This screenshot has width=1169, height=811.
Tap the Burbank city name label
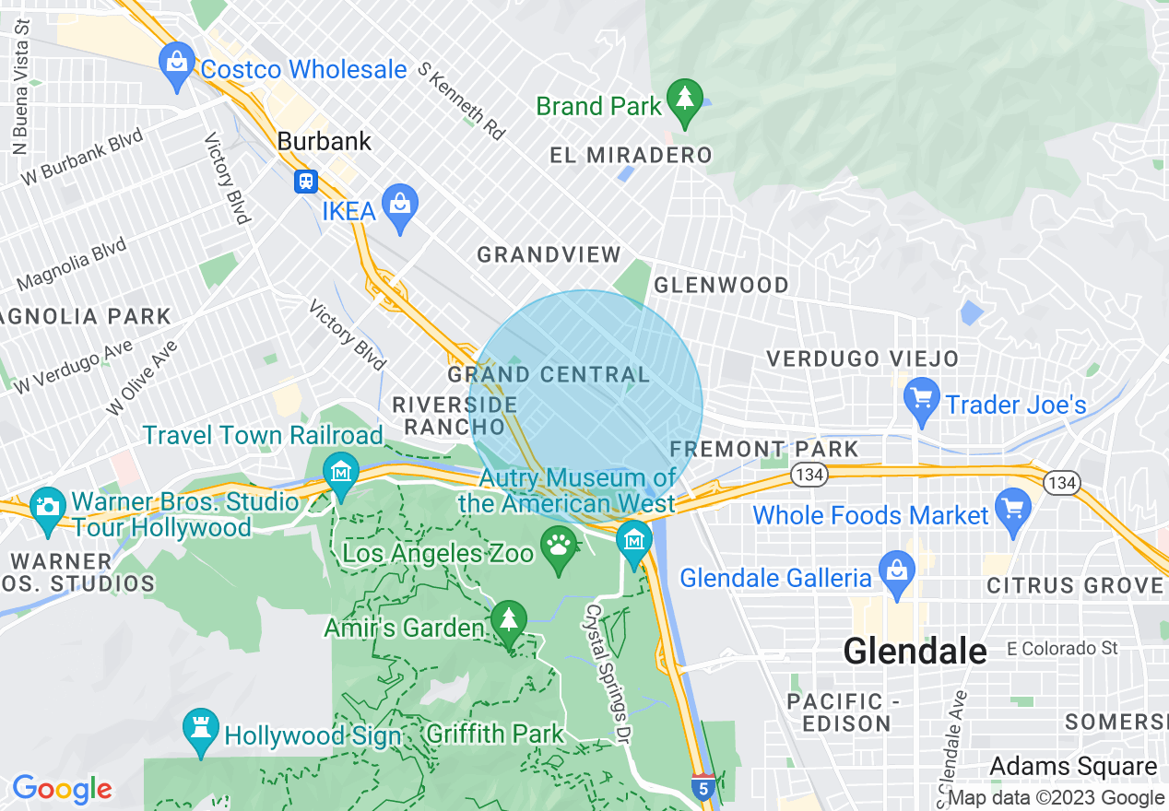click(325, 141)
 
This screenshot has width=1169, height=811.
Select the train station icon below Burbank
click(306, 182)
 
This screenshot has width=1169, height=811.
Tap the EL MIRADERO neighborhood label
click(631, 155)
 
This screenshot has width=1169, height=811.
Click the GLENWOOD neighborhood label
click(721, 286)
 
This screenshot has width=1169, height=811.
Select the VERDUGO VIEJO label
click(863, 358)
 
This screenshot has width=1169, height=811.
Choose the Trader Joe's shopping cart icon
click(921, 400)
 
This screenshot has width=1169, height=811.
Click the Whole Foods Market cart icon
click(1013, 510)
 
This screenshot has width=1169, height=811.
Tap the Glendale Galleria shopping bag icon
click(897, 572)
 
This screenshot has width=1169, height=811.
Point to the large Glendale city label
click(915, 651)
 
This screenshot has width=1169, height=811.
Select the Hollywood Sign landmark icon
click(200, 729)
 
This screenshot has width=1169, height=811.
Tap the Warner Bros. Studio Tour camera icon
click(47, 507)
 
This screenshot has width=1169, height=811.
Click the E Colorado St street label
click(1062, 649)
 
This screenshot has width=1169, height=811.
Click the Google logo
click(62, 789)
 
